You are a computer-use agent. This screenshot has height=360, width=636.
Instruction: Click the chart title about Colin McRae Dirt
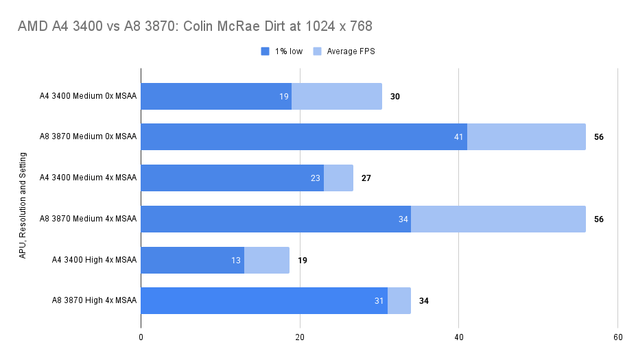tap(196, 27)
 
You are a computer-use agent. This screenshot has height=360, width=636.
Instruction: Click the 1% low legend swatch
tap(266, 51)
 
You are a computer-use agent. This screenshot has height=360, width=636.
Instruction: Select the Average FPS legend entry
tap(344, 51)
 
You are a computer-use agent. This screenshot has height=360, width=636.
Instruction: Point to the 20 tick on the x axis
tap(300, 337)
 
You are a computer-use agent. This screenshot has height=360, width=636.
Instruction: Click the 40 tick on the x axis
tap(459, 337)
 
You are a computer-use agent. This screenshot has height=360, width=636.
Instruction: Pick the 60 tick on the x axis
tap(617, 337)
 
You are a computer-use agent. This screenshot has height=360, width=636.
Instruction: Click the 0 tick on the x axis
tap(141, 337)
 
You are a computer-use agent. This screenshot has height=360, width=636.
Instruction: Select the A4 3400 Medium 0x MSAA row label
tap(88, 96)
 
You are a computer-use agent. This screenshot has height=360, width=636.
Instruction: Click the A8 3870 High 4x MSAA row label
tap(94, 300)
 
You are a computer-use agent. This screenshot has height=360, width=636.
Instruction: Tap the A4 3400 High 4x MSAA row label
tap(94, 260)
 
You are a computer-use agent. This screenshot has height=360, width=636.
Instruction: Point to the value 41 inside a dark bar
tap(459, 137)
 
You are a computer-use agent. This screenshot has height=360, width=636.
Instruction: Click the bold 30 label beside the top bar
tap(395, 97)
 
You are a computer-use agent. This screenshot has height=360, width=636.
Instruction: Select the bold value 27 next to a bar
tap(366, 178)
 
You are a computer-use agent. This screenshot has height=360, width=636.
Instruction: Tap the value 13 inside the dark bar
tap(236, 260)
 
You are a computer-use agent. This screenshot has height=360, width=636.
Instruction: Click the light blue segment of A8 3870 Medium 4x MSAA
tap(498, 219)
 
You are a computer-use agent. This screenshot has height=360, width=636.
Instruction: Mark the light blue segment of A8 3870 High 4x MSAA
tap(399, 300)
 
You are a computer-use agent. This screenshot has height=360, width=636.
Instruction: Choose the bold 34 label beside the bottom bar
tap(424, 300)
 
